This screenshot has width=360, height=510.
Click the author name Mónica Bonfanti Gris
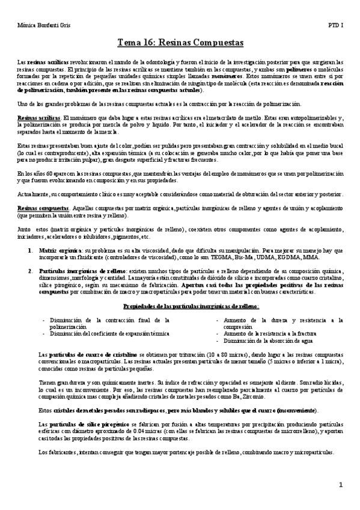click(38, 27)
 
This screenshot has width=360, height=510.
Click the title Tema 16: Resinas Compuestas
click(180, 43)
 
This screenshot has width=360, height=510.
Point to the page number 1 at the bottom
click(340, 485)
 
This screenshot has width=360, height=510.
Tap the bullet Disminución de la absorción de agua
click(260, 340)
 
